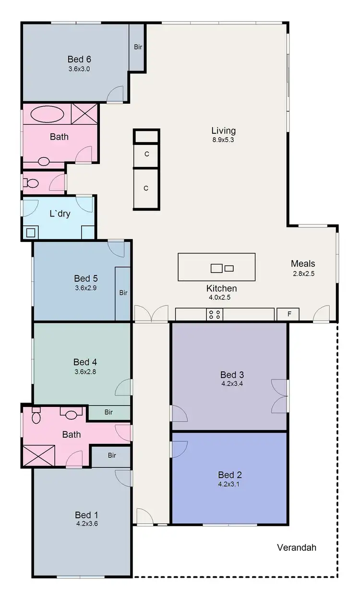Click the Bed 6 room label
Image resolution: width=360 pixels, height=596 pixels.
tap(79, 60)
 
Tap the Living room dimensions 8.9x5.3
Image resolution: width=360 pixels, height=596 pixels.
tap(224, 140)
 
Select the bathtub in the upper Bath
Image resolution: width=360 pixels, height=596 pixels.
tap(47, 115)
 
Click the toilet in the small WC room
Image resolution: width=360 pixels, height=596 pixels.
tap(32, 183)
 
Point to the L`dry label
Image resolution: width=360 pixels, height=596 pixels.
tap(60, 214)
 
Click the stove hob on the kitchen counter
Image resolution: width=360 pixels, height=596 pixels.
tap(215, 315)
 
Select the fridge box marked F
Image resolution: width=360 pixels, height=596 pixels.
tap(288, 315)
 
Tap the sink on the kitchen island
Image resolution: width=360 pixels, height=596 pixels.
tap(217, 268)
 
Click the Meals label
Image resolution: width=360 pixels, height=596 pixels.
tap(303, 263)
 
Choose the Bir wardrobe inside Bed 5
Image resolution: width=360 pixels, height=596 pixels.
tap(123, 293)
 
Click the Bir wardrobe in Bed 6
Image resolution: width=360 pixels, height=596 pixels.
tap(138, 47)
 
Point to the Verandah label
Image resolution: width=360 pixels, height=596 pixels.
tap(297, 548)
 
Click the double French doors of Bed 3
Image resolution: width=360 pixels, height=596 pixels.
tap(279, 396)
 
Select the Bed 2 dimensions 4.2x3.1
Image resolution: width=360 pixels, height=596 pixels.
tap(229, 484)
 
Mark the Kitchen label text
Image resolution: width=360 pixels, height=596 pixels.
tap(221, 288)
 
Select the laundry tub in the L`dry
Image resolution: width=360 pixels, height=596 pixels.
tap(31, 233)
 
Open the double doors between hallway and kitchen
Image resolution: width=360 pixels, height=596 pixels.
tap(151, 314)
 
